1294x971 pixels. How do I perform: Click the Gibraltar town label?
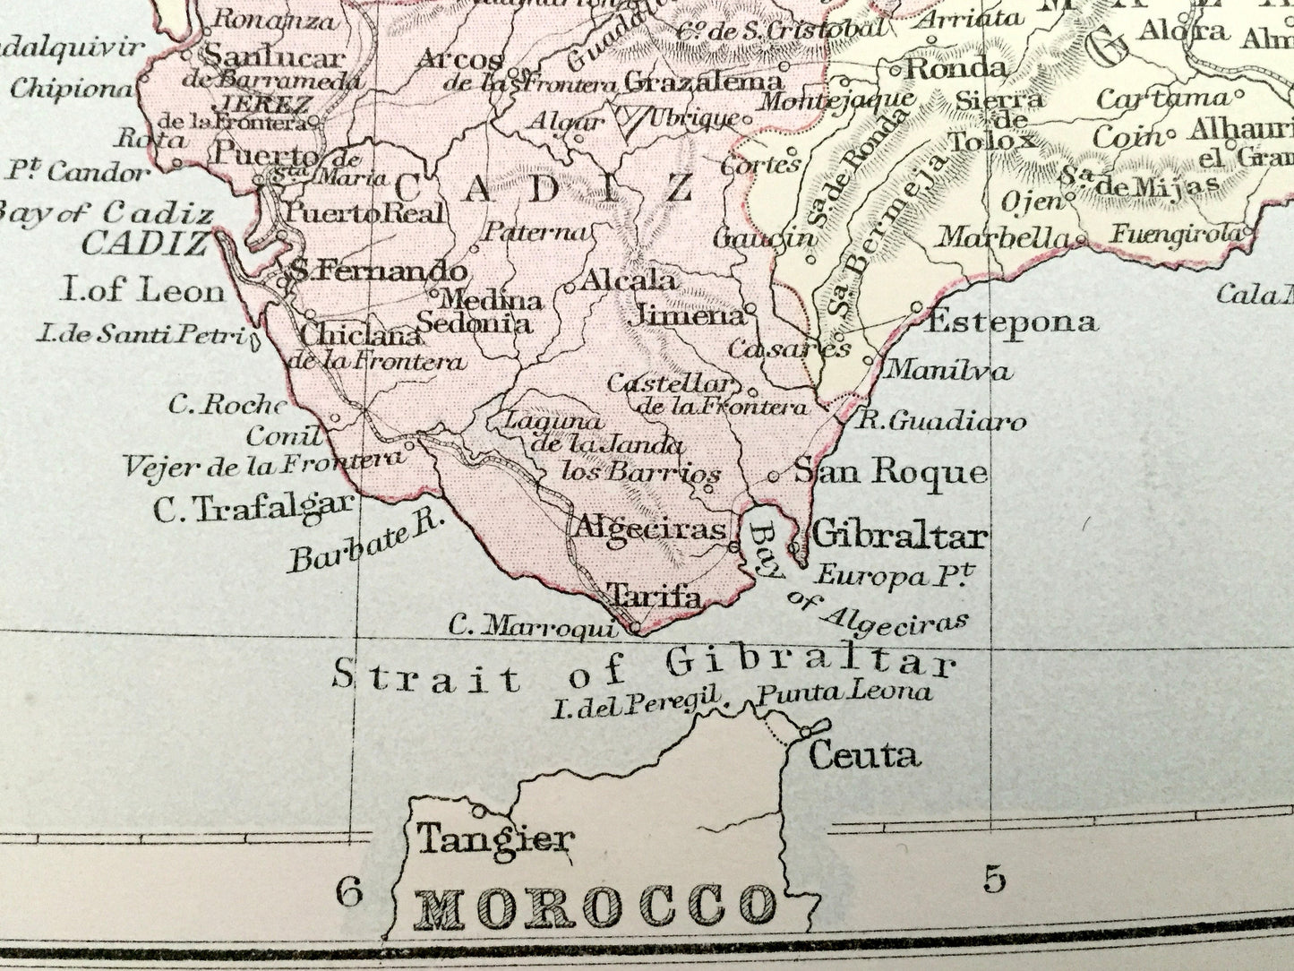click(x=898, y=537)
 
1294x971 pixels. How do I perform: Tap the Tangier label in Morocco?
click(x=494, y=839)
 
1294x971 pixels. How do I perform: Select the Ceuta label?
click(x=863, y=755)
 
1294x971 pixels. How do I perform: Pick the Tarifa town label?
click(x=654, y=596)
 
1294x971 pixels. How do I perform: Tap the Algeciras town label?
click(x=649, y=528)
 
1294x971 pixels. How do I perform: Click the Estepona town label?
click(x=1011, y=322)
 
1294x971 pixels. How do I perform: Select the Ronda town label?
click(x=956, y=67)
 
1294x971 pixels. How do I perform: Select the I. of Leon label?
click(x=142, y=290)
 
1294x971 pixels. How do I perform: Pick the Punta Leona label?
click(x=844, y=692)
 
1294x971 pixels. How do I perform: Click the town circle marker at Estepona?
click(x=916, y=307)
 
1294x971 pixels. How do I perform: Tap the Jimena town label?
click(x=687, y=315)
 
